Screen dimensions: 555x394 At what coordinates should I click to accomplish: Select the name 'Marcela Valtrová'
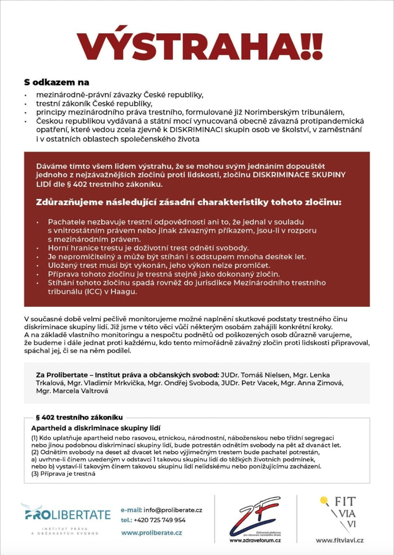(80, 391)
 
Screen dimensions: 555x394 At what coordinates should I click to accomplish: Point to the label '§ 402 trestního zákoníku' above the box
(80, 417)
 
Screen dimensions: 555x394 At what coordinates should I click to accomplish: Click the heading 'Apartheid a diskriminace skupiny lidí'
(96, 428)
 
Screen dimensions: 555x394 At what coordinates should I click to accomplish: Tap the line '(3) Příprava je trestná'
(63, 474)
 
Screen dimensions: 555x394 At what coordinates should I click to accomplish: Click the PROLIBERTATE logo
(65, 515)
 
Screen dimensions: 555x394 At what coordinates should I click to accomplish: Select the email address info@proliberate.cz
(173, 510)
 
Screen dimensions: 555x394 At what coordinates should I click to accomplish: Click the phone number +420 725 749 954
(160, 520)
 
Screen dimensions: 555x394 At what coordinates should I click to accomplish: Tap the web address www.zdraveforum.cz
(255, 541)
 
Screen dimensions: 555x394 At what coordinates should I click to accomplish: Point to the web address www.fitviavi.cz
(339, 541)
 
